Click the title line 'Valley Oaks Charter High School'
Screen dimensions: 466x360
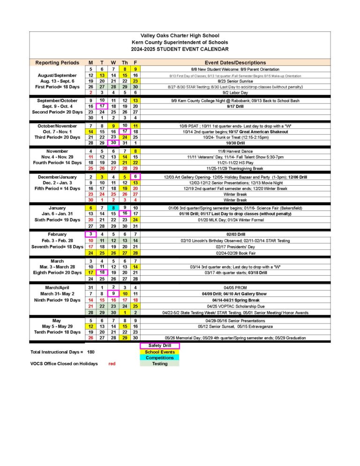(x=180, y=36)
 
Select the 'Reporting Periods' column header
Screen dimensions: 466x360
(x=57, y=62)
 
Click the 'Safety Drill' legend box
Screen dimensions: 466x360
(x=159, y=346)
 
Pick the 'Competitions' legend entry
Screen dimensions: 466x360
(x=159, y=358)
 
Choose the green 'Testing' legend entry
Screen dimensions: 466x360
(x=159, y=364)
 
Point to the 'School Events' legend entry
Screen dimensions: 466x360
(x=159, y=352)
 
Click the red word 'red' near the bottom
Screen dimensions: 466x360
(x=112, y=364)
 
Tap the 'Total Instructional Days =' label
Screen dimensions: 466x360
(x=57, y=352)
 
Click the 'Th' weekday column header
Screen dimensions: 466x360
(x=125, y=62)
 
